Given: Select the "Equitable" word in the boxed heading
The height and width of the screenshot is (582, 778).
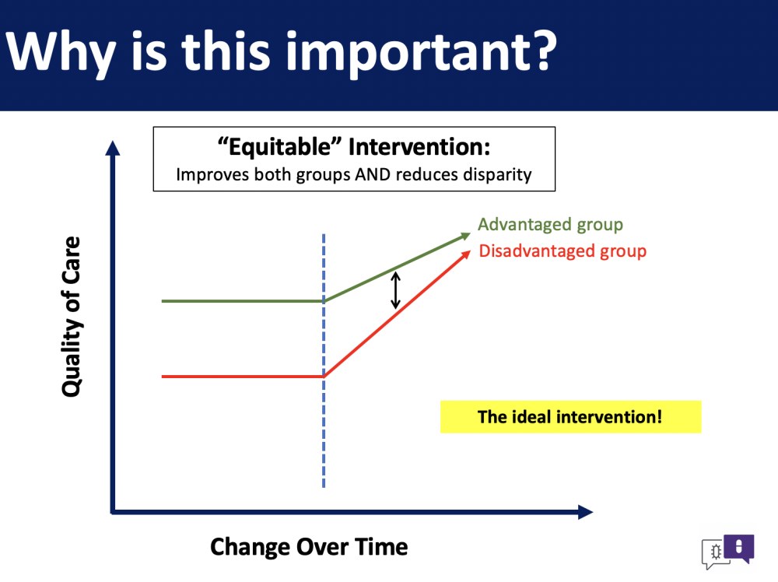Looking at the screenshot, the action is (280, 147).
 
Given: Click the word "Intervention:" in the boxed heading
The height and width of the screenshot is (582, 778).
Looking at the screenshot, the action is (419, 147).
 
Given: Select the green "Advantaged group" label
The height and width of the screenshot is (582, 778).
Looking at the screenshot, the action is (550, 225).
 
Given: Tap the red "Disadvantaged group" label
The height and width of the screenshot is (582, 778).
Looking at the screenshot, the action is (562, 251).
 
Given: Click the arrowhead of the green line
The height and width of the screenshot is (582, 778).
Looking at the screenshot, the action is (465, 237).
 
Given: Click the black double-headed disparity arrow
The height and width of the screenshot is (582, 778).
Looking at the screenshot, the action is (395, 290).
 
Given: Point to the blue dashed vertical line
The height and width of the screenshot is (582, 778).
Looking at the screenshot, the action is (324, 361).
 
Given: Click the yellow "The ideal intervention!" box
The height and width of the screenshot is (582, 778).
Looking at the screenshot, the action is (570, 417).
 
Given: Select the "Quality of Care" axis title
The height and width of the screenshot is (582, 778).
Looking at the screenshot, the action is (72, 317).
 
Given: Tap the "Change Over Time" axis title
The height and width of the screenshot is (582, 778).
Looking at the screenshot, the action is (309, 547).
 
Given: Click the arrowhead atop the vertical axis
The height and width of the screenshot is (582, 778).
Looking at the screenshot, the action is (113, 148).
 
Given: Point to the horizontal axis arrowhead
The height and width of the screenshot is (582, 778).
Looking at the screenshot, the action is (586, 512).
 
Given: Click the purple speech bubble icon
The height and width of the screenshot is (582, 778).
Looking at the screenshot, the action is (739, 548).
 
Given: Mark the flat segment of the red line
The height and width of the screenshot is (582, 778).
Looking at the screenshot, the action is (243, 377).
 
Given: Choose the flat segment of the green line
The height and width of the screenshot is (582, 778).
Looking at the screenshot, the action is (243, 301).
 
